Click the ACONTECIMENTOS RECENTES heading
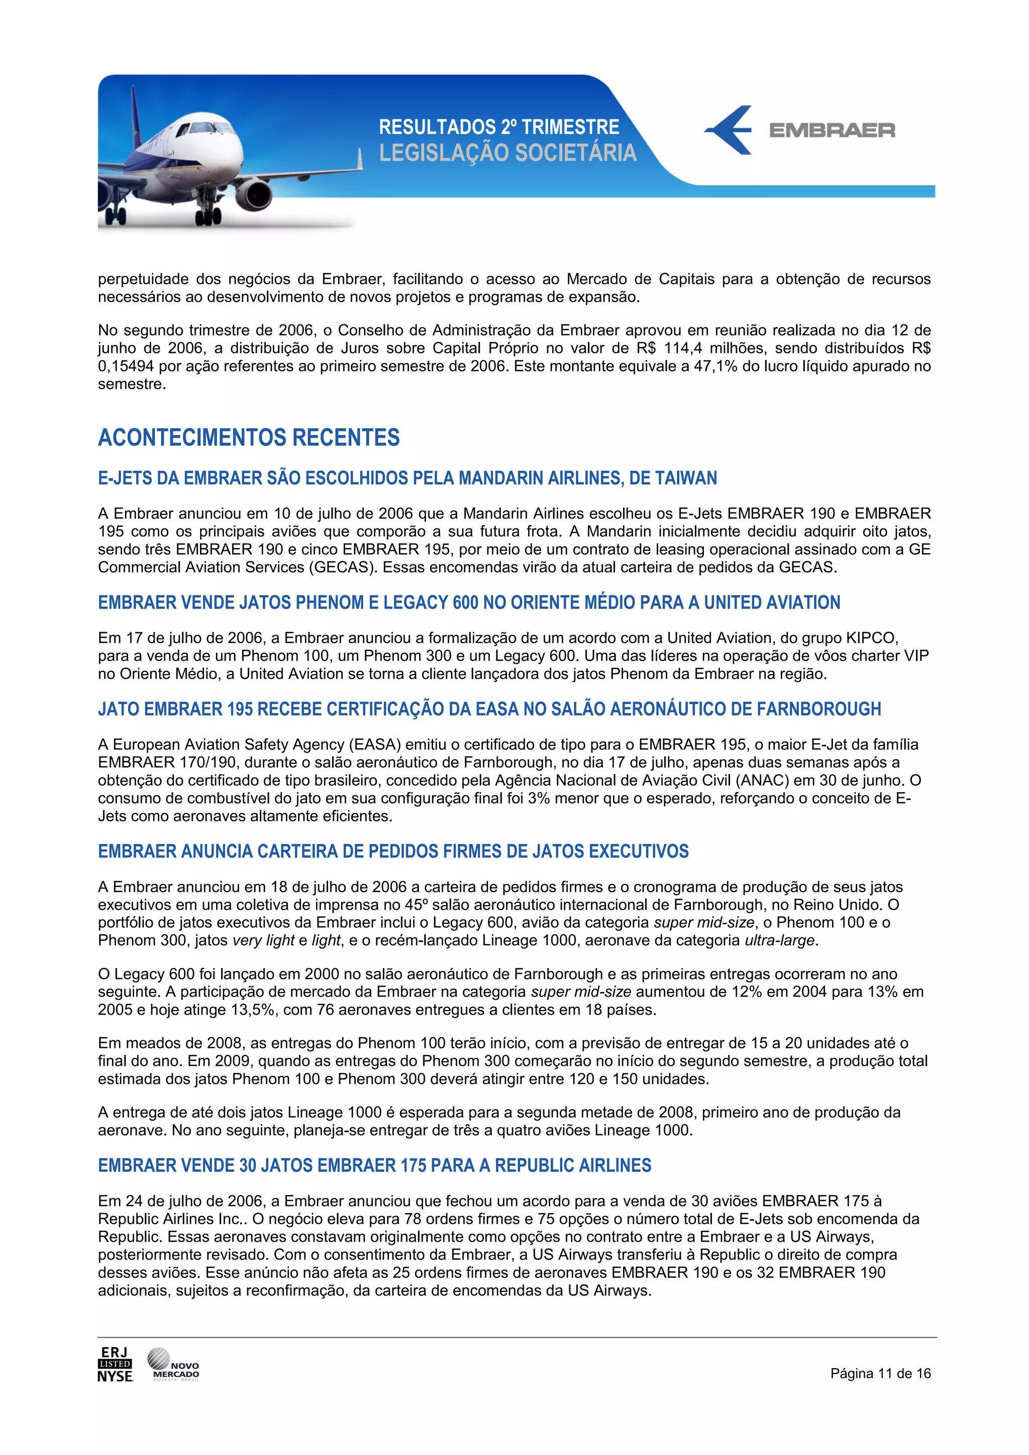pos(249,437)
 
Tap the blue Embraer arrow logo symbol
pos(729,130)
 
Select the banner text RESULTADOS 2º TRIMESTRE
pos(498,127)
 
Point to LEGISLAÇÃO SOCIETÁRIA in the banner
pos(507,153)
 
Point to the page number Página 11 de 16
pos(880,1373)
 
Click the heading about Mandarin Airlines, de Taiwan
pos(407,478)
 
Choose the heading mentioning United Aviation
pos(469,602)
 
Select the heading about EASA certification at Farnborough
pos(489,708)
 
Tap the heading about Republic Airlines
pos(374,1165)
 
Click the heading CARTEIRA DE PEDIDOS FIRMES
pos(393,851)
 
